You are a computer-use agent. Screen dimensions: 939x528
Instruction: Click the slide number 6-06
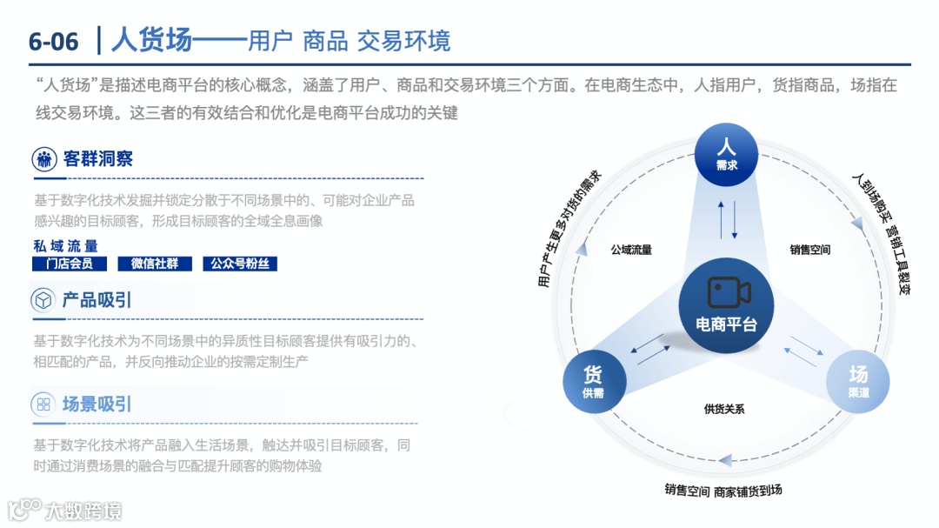coord(53,41)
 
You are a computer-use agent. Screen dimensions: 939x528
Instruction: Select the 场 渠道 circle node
coord(858,382)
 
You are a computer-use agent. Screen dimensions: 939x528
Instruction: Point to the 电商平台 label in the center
coord(727,324)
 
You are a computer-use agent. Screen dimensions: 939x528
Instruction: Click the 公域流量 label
coord(631,250)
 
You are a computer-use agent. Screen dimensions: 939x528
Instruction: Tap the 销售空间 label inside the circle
coord(810,250)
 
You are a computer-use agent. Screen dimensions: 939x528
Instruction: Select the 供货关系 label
coord(724,409)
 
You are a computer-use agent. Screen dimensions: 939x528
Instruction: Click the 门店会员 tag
coord(69,264)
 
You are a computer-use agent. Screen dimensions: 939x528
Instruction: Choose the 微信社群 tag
coord(154,264)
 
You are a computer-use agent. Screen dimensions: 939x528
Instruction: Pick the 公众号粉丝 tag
coord(239,264)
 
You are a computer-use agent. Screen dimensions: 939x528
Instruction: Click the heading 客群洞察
coord(97,159)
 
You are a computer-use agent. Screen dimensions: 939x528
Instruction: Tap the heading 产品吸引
coord(97,300)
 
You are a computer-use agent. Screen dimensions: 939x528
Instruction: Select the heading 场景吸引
coord(97,404)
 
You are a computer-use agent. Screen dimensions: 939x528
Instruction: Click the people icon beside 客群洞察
coord(43,159)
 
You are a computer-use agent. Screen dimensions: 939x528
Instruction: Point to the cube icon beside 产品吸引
coord(43,301)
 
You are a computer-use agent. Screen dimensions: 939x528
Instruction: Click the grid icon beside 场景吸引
coord(43,404)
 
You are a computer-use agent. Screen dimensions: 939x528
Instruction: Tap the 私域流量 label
coord(66,246)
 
